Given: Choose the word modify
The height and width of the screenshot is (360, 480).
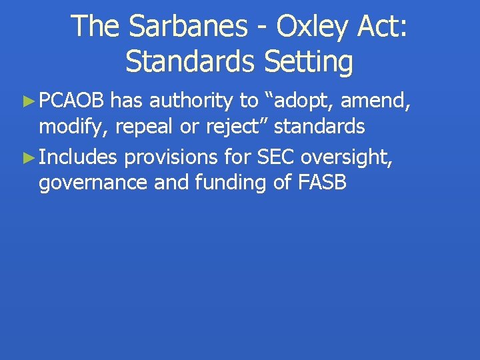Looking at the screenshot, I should [74, 126].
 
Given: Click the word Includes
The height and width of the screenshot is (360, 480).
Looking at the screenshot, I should [79, 157].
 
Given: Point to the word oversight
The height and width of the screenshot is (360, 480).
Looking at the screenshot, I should [353, 157].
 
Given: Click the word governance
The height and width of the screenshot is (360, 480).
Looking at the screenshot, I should [94, 183].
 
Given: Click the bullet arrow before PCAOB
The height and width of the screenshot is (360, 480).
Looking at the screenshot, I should [28, 101].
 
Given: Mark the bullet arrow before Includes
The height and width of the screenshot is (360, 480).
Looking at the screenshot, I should [28, 158].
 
